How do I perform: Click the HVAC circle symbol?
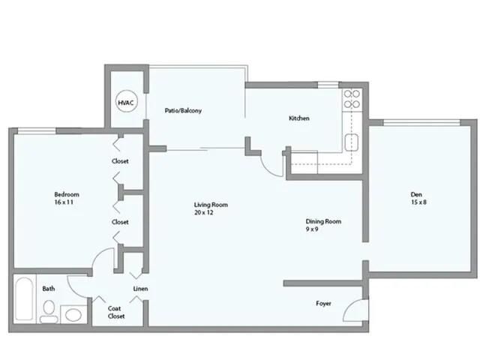(x=124, y=102)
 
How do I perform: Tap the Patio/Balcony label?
(x=184, y=111)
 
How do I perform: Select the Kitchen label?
(x=299, y=118)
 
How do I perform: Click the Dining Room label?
(x=324, y=220)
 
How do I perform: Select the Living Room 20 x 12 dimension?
(x=204, y=213)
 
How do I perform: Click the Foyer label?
(x=324, y=304)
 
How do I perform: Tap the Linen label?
(x=140, y=289)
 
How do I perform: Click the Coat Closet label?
(x=115, y=311)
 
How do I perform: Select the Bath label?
(x=48, y=289)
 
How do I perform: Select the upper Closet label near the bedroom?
(x=120, y=161)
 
